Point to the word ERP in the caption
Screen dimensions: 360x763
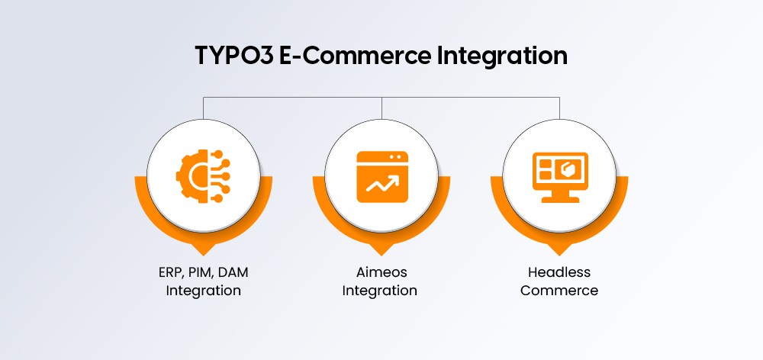click(x=161, y=272)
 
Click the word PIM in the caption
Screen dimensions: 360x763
click(x=194, y=272)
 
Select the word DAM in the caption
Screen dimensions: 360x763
click(x=231, y=272)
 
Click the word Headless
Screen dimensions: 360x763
click(x=559, y=272)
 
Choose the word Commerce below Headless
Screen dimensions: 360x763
click(x=559, y=290)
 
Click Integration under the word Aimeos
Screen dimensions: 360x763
click(x=380, y=290)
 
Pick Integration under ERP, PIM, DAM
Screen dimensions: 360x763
click(x=204, y=290)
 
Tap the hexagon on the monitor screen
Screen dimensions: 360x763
click(x=571, y=167)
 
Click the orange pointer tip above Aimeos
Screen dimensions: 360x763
click(x=381, y=250)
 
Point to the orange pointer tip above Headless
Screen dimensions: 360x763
click(x=559, y=250)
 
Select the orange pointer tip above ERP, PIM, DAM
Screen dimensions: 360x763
click(x=204, y=250)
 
